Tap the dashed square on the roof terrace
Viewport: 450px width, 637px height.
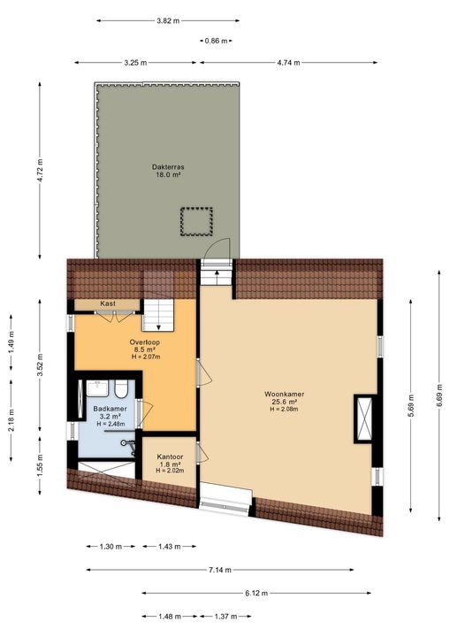tap(196, 221)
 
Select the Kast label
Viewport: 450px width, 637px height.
tap(108, 303)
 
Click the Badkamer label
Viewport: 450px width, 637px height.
tap(111, 409)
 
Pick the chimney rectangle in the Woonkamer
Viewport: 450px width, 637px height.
tap(363, 419)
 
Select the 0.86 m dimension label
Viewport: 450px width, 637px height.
tap(216, 41)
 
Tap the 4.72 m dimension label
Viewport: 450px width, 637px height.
tap(40, 170)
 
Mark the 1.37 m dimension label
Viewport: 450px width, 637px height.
tap(227, 616)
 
